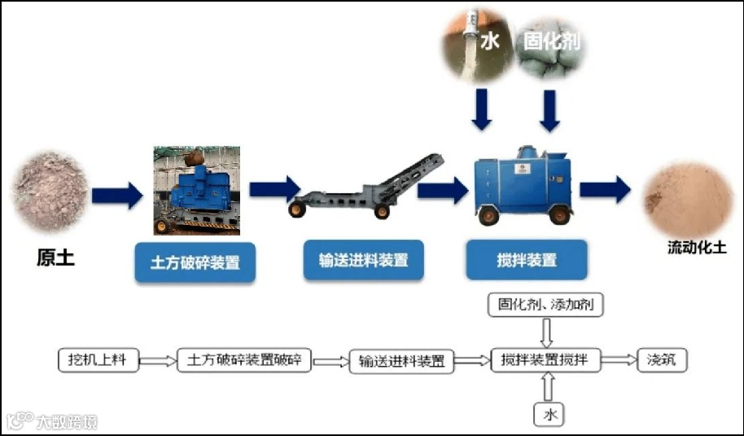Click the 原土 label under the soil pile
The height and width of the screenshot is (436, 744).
coord(55,259)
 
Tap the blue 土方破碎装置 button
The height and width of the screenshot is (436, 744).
coord(195,262)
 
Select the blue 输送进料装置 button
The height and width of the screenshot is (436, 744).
coord(363,261)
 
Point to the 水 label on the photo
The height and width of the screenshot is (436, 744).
coord(489,41)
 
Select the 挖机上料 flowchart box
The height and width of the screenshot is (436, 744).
coord(98,359)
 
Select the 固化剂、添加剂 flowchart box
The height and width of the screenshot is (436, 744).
coord(545,306)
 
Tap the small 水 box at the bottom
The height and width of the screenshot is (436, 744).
coord(549,414)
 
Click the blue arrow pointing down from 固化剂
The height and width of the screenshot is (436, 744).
coord(550,110)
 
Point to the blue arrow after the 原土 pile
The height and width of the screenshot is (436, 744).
coord(116,195)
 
